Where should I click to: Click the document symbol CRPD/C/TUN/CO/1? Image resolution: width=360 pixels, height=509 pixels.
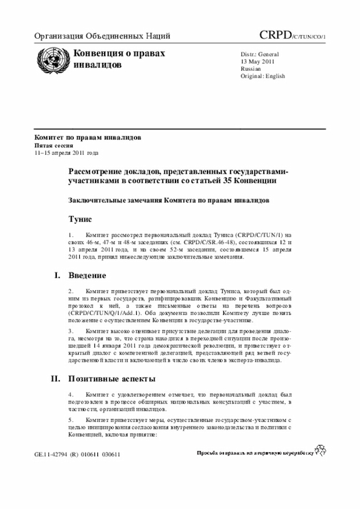tap(292, 37)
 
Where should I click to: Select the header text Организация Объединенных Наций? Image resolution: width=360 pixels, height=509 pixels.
tap(102, 37)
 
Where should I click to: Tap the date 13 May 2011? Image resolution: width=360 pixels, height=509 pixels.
tap(258, 61)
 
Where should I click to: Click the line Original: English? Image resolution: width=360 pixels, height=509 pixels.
tap(263, 76)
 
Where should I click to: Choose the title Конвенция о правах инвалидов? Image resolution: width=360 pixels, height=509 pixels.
tap(119, 58)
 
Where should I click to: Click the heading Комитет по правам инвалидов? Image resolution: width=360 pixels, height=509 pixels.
tap(88, 137)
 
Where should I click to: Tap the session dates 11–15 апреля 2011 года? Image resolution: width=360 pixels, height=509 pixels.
tap(66, 152)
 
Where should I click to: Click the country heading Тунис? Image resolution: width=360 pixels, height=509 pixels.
tap(80, 218)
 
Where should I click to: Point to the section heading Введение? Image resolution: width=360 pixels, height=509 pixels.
tap(87, 276)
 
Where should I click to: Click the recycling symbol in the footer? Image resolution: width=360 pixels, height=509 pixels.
tap(321, 451)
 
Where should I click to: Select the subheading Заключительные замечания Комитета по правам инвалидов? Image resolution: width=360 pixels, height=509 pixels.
tap(169, 200)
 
